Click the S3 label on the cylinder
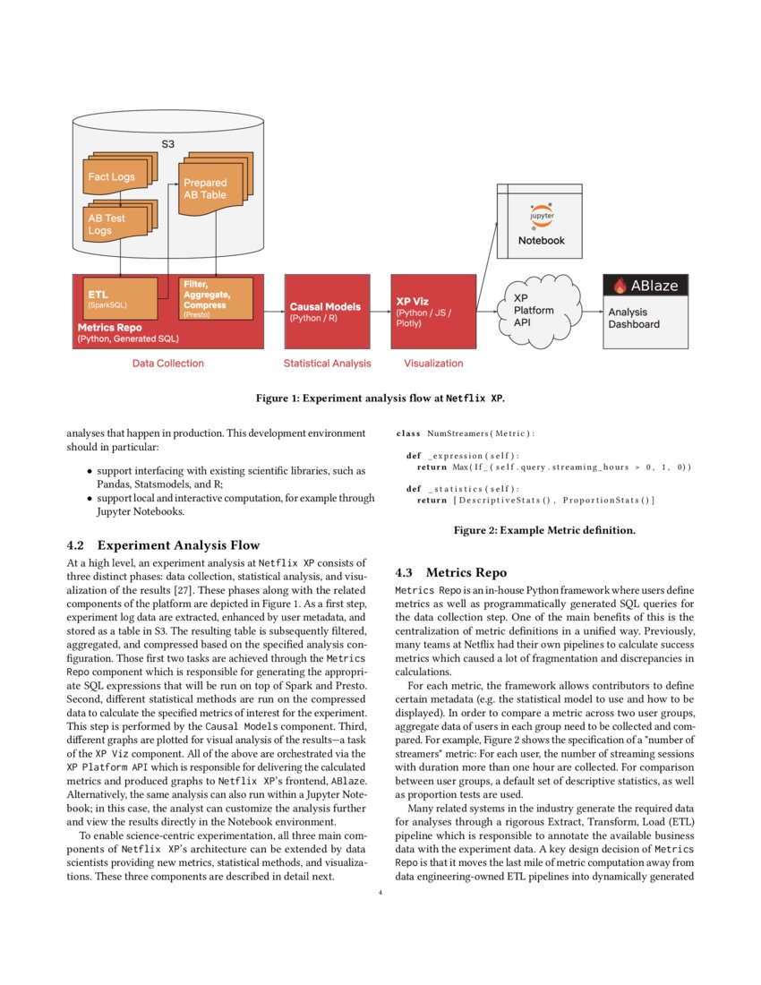click(x=167, y=143)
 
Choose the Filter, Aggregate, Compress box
click(x=216, y=298)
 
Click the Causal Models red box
click(x=326, y=312)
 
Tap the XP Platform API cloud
click(x=534, y=310)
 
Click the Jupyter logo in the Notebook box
click(x=542, y=216)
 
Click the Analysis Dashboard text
click(x=634, y=318)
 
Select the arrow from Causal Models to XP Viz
click(x=380, y=313)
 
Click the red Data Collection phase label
click(x=167, y=364)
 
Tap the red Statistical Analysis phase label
click(x=327, y=364)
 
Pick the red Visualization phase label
click(x=433, y=364)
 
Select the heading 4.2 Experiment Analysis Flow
click(x=163, y=544)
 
